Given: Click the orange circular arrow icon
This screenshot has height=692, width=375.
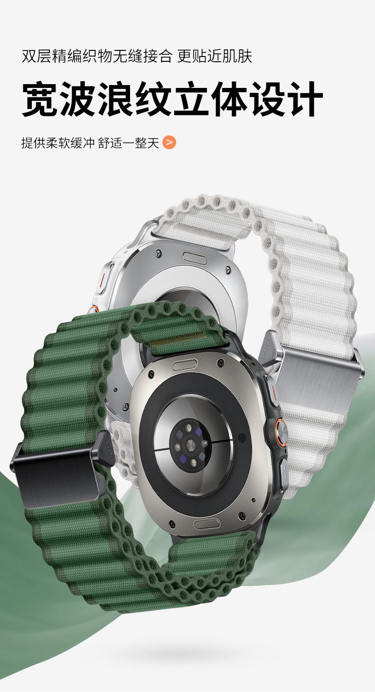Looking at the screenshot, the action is click(x=169, y=143).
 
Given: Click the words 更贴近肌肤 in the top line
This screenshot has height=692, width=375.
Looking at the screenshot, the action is click(x=215, y=56).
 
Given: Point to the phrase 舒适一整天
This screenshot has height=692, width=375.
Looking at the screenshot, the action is click(x=128, y=143).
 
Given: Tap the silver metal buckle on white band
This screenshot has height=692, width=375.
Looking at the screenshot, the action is click(x=315, y=373).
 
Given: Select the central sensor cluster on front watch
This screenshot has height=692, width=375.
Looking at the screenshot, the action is click(x=188, y=445).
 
